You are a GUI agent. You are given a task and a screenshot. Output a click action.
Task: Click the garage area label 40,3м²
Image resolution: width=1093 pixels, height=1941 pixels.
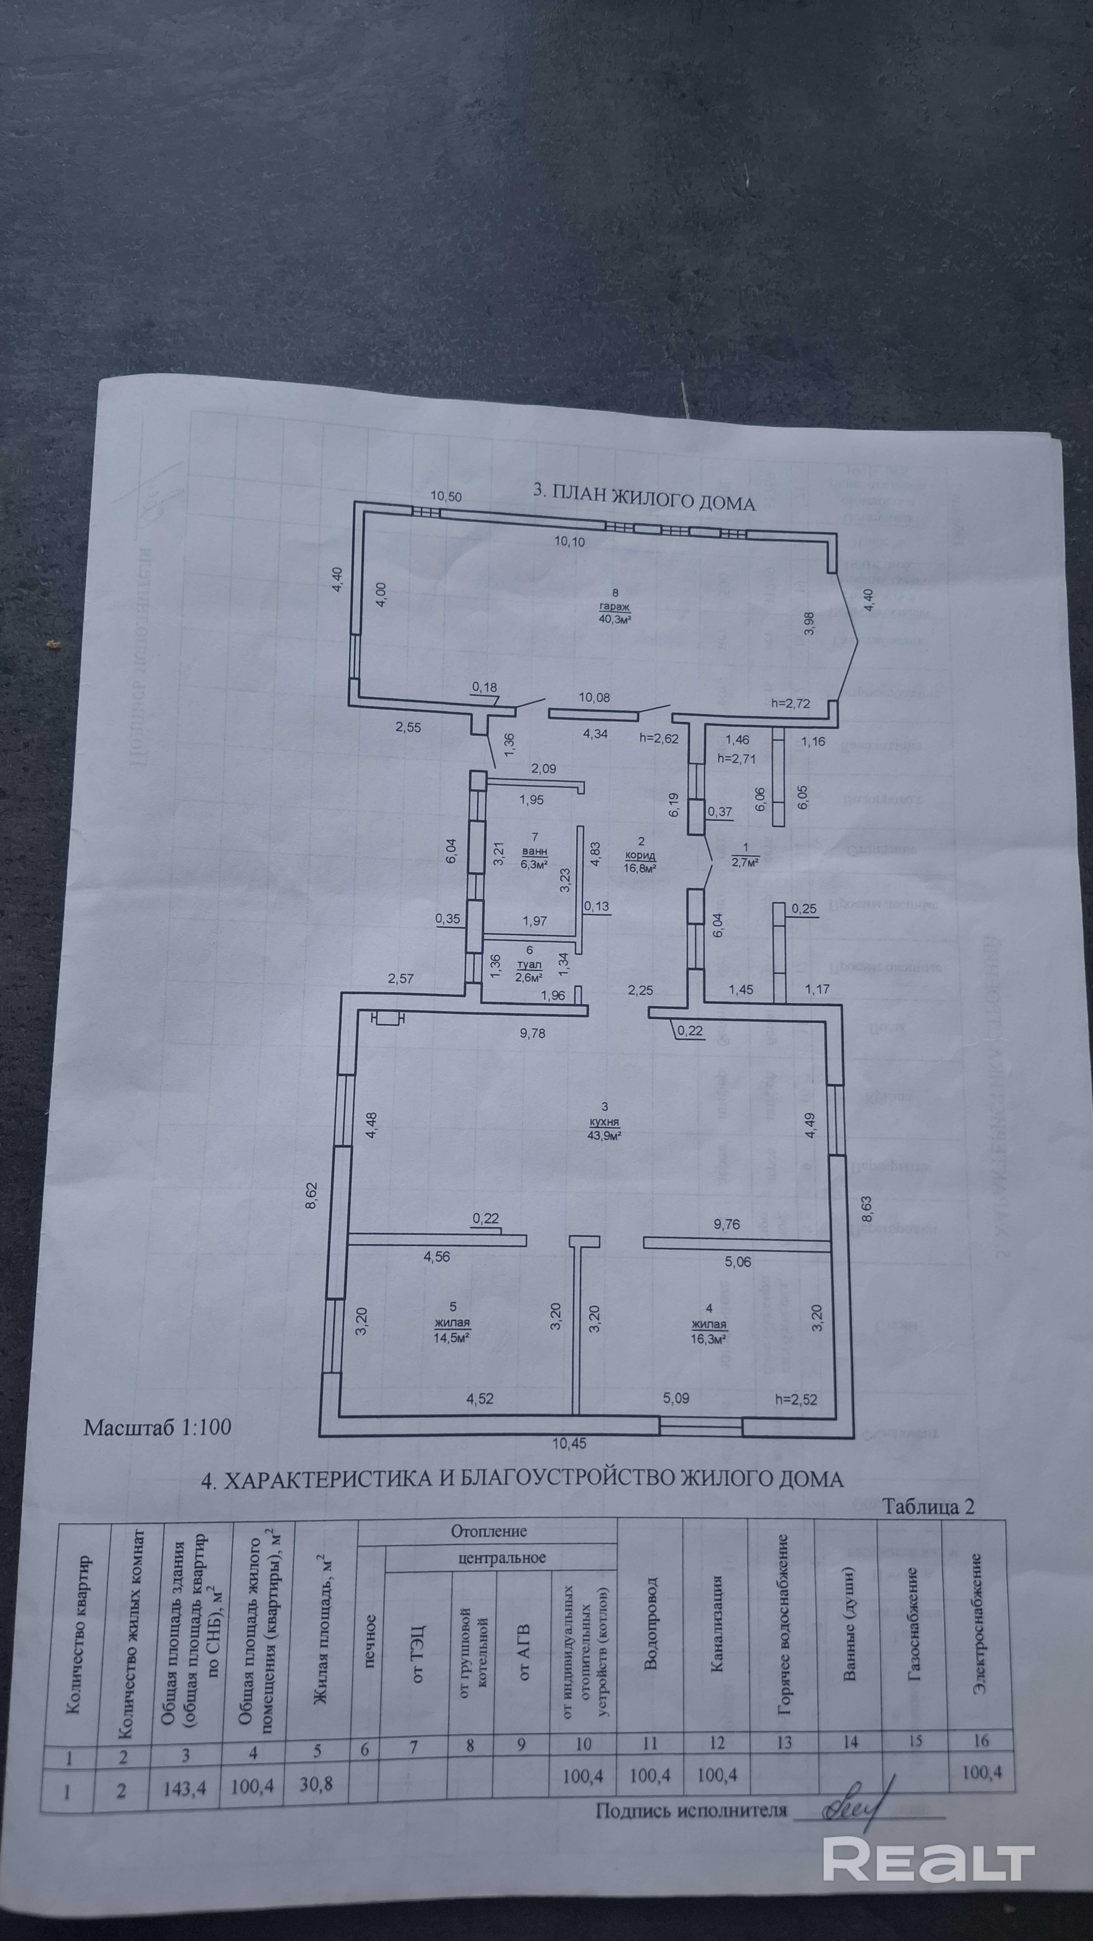[614, 619]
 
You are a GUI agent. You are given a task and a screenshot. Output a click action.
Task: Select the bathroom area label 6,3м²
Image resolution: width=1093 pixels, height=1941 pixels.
[534, 864]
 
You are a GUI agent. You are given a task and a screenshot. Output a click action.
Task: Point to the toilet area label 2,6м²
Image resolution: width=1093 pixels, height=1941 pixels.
[529, 977]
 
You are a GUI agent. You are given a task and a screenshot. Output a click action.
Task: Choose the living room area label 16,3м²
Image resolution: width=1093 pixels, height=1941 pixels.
[708, 1339]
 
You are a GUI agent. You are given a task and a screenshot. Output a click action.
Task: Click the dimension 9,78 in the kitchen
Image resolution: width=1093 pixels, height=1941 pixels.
[532, 1033]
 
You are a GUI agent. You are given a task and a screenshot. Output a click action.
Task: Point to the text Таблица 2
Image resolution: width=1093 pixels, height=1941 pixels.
[928, 1505]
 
